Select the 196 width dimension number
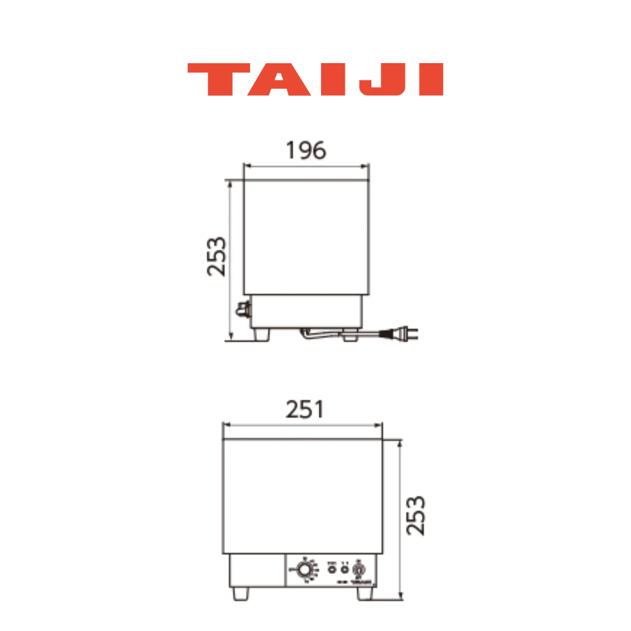tap(306, 150)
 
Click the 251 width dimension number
tap(305, 410)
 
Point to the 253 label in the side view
tap(216, 257)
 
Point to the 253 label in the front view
tap(416, 516)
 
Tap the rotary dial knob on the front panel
tap(305, 570)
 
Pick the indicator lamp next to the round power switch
tap(344, 569)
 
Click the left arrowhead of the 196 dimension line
tap(247, 166)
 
